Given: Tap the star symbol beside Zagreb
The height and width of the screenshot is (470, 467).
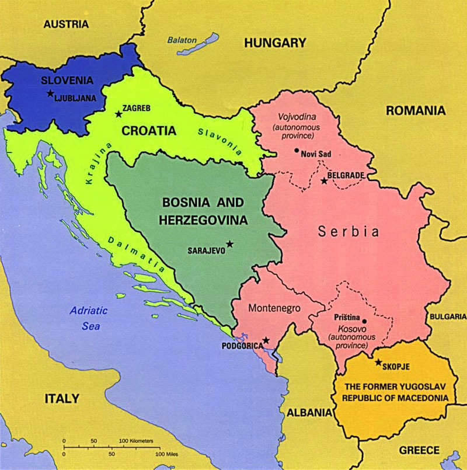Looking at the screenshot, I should pos(119,114).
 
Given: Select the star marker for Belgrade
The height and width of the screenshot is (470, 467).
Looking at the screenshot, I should pos(324,181).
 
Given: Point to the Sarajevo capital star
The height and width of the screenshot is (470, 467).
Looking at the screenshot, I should pos(229,243).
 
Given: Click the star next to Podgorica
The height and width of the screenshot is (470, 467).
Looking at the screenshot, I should pos(266,340).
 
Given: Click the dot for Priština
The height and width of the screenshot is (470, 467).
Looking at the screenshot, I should pos(364,321).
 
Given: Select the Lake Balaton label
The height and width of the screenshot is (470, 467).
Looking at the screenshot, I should pos(182,40).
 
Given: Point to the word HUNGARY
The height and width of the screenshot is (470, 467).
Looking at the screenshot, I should pos(275,43).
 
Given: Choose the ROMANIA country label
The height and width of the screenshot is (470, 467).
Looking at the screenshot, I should pos(415,110).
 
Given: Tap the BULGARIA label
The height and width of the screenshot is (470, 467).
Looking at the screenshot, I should pos(448,316).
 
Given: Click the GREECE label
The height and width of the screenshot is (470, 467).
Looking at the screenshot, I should pos(419,450).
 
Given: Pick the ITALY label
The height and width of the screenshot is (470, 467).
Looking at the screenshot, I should pos(61,399).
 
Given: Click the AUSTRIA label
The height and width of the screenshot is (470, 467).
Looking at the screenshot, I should pos(66,24).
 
